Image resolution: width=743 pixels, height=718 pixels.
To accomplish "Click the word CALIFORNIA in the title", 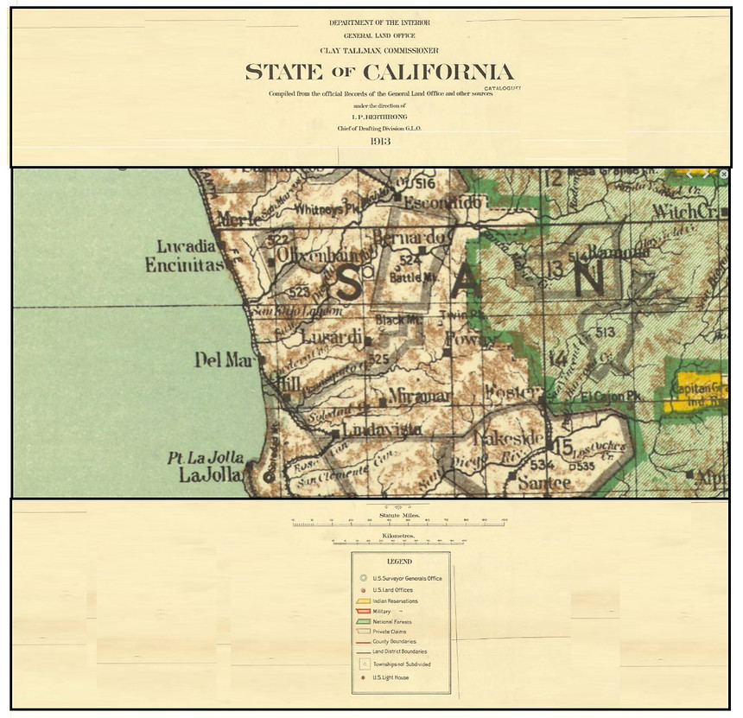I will coord(438,73).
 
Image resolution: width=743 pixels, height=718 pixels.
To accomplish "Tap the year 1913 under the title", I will coord(381,141).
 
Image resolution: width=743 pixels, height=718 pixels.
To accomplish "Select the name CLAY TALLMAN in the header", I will coord(355,50).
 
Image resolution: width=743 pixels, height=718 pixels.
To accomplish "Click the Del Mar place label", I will coord(221,360).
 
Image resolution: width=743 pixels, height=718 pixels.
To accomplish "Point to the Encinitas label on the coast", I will coord(183,265).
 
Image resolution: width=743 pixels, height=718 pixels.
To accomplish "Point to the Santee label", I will coord(544,483).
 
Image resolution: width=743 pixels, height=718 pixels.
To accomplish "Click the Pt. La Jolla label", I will coord(206,458).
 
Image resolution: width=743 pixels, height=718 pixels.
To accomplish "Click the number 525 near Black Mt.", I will coord(378,358).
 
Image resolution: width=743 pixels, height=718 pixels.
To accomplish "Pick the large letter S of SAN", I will coord(349,283).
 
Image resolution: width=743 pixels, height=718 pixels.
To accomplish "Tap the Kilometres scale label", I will coord(397,536).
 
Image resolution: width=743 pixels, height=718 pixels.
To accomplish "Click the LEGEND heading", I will coord(399,562).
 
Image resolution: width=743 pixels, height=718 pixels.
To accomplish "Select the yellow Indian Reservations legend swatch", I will coord(364,600).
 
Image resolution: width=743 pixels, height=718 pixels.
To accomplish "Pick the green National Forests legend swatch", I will coord(364,621).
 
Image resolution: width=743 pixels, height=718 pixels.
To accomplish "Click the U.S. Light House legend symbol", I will coord(364,677).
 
